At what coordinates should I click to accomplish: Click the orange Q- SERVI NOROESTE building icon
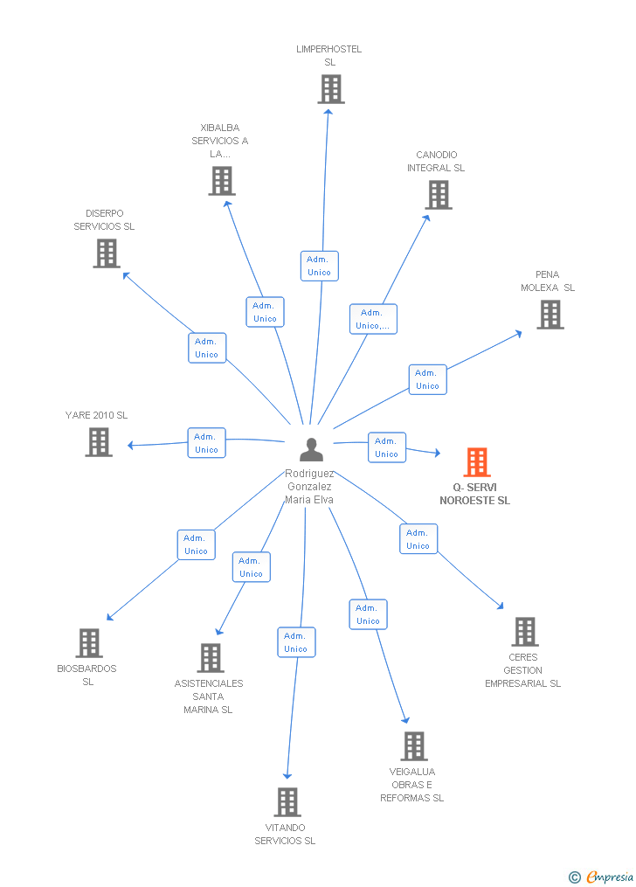(476, 461)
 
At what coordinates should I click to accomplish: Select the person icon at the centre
(311, 449)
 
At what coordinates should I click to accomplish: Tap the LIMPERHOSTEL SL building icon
(330, 89)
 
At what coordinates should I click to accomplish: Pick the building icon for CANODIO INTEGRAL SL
(438, 195)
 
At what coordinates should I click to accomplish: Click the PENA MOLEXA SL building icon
(550, 315)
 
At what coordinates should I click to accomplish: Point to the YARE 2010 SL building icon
(99, 442)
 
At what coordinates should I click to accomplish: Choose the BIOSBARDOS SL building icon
(88, 643)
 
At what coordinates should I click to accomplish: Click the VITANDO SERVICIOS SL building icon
(287, 802)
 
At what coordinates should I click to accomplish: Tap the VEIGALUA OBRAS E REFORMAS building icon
(414, 746)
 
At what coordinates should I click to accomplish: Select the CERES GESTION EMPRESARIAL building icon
(524, 632)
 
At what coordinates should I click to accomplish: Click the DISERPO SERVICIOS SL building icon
(106, 253)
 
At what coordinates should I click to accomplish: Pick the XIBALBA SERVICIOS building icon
(222, 181)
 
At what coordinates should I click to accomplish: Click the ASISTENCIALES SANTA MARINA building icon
(210, 658)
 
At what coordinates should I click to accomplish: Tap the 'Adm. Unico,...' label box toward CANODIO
(373, 319)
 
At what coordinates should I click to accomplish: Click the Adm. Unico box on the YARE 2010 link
(206, 443)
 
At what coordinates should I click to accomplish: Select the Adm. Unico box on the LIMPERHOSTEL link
(319, 266)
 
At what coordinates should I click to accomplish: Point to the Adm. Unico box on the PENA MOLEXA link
(427, 379)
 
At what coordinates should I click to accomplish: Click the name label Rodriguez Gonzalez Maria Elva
(309, 487)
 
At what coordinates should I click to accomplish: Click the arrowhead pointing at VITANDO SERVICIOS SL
(287, 775)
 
